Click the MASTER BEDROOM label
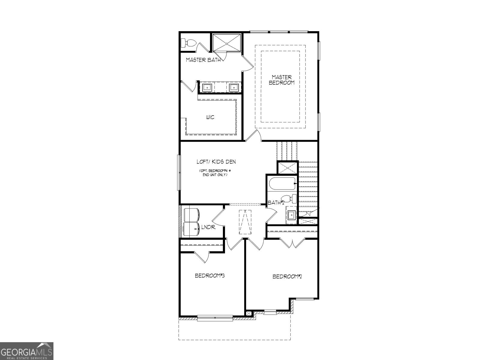[x=281, y=80]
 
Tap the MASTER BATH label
[x=203, y=60]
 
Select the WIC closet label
[x=210, y=117]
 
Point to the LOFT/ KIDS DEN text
[x=216, y=162]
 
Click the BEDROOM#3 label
[x=210, y=275]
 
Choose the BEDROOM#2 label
[x=287, y=276]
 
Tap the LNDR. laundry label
[x=208, y=227]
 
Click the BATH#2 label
[x=276, y=203]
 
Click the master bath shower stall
[x=227, y=43]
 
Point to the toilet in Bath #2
[x=290, y=199]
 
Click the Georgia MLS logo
[x=27, y=351]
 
